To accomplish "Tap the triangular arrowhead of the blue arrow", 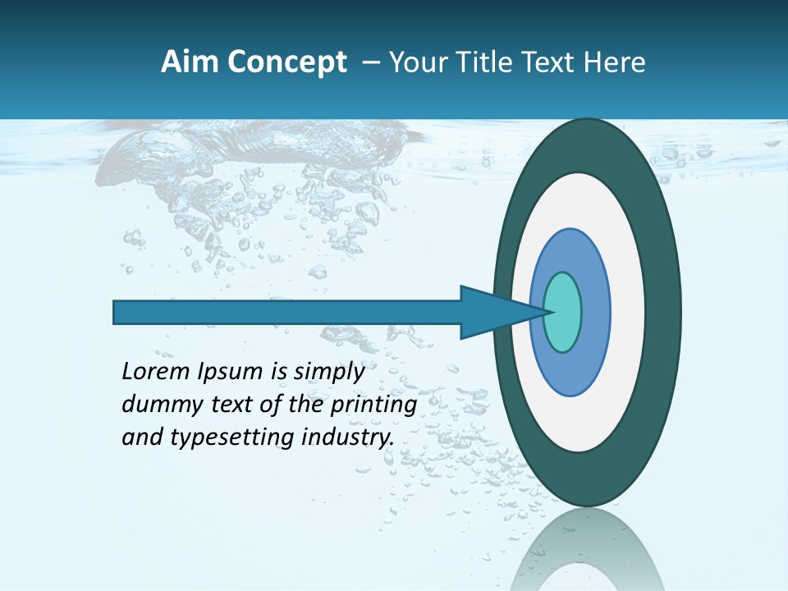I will pos(492,313).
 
